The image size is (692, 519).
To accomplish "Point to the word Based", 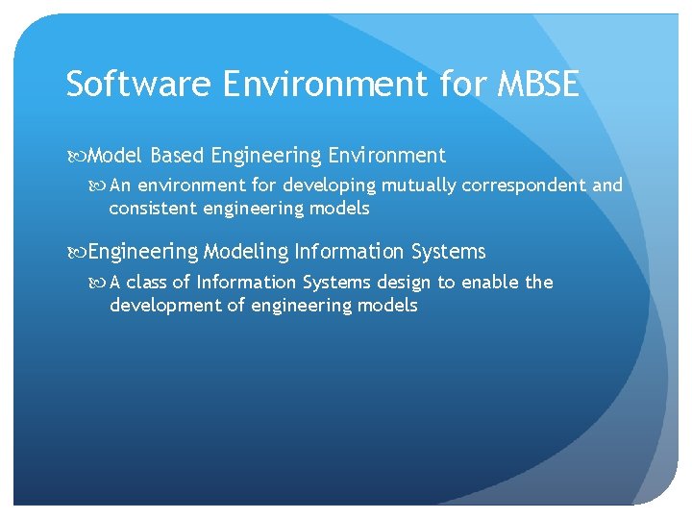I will coord(177,156).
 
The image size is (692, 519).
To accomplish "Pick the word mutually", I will coord(419,185).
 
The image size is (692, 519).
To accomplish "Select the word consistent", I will coord(153,208).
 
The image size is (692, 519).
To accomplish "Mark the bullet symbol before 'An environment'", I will coord(100,185).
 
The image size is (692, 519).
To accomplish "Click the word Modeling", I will coord(246,252).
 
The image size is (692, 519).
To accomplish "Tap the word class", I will coord(147,282).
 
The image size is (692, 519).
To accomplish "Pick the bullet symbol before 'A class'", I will coord(100,283).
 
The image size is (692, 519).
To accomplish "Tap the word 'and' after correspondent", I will coord(606,185).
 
